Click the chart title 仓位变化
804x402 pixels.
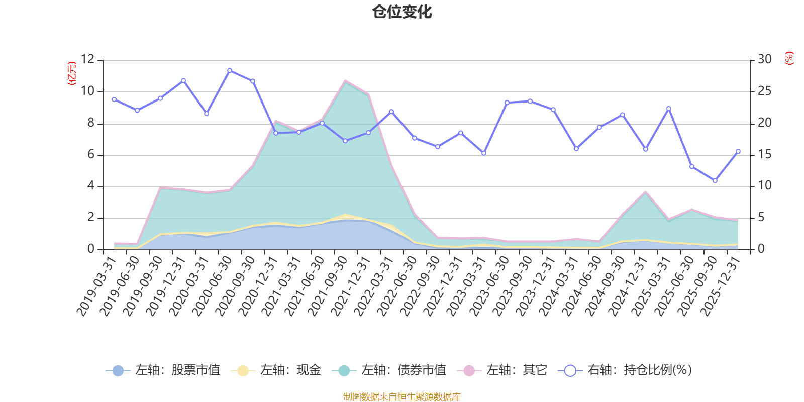pos(402,12)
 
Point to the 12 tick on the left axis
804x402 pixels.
pos(87,60)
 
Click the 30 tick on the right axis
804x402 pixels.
pos(765,60)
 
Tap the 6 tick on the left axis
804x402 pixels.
pos(91,155)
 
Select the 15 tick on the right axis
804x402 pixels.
pos(765,155)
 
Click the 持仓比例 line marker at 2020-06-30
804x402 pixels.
pos(230,70)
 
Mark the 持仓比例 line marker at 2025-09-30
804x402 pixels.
pos(715,181)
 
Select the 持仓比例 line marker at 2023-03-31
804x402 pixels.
pos(484,153)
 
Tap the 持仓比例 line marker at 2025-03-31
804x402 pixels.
pos(668,109)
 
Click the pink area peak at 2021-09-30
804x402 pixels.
pos(345,80)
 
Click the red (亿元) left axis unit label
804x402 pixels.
pos(71,73)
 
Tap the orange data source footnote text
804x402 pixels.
pos(401,397)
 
